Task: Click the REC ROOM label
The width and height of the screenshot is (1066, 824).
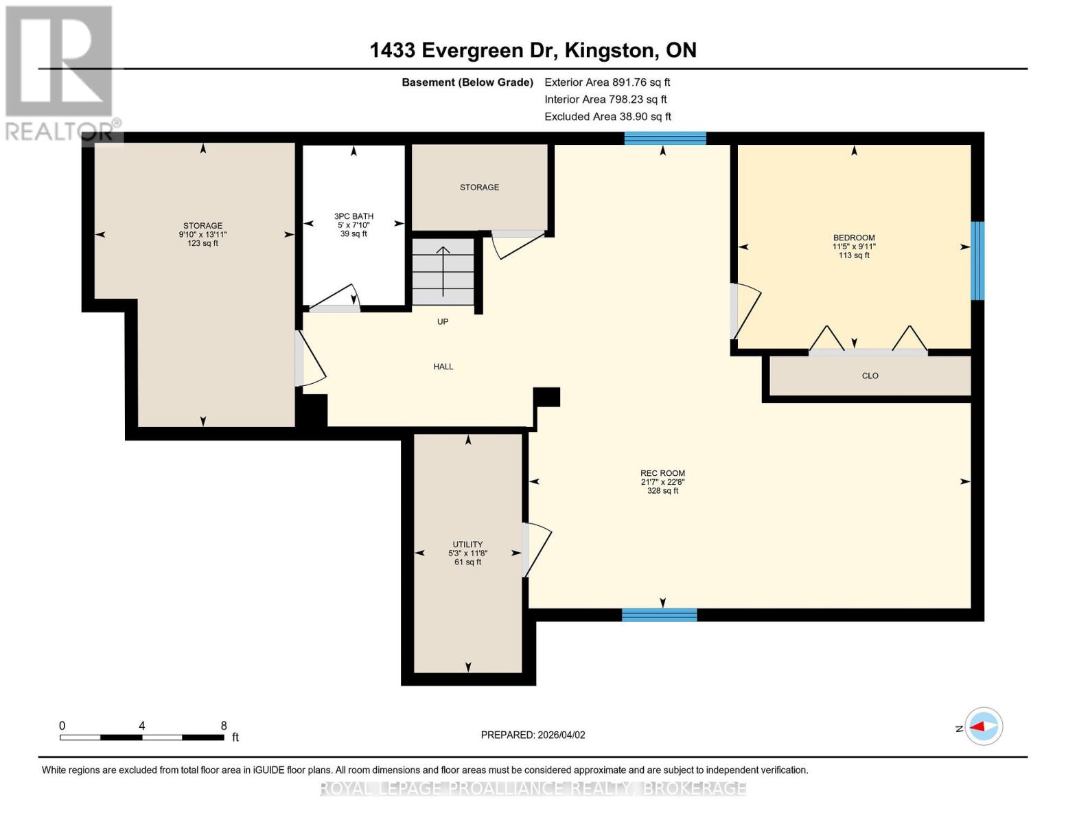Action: click(662, 473)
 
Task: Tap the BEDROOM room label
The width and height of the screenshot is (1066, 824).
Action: click(854, 238)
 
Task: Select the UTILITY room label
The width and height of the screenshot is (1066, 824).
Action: click(467, 545)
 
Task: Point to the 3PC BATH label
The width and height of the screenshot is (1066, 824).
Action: click(354, 216)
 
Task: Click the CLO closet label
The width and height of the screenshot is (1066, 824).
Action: click(870, 376)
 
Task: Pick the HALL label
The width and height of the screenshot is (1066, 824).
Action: click(443, 367)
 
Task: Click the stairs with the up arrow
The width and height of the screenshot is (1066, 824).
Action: click(443, 272)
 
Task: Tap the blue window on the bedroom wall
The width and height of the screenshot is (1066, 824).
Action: click(977, 261)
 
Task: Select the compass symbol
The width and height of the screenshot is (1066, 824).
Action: click(984, 726)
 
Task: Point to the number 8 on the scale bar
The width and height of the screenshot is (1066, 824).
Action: click(224, 725)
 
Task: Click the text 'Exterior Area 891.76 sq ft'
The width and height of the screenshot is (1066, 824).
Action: click(607, 82)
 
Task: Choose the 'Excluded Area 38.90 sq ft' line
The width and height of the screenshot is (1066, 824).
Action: click(607, 117)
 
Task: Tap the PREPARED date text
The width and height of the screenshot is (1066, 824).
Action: click(533, 735)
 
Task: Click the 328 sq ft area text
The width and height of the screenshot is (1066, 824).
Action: click(662, 491)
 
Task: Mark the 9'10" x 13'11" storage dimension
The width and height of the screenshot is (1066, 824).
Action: click(202, 235)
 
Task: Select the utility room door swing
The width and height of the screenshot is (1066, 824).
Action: click(537, 549)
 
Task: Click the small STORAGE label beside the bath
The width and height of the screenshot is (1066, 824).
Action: click(479, 187)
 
